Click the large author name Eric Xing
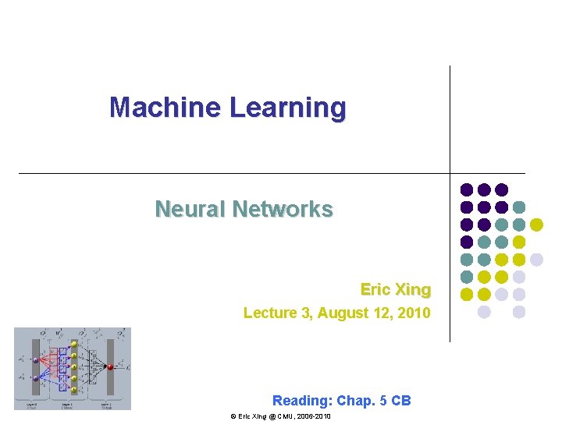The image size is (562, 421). [x=395, y=289]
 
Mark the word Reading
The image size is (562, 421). [x=301, y=401]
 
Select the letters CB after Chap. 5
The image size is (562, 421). [x=401, y=401]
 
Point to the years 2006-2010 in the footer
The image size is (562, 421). [x=315, y=417]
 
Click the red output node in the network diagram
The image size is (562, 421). [x=110, y=366]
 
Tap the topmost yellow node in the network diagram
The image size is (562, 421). [x=74, y=343]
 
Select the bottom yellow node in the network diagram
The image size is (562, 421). [x=74, y=390]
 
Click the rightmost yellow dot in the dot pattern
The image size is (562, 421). [x=536, y=225]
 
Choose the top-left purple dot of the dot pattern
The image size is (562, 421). [x=467, y=189]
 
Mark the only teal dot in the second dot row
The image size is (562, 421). [x=519, y=207]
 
